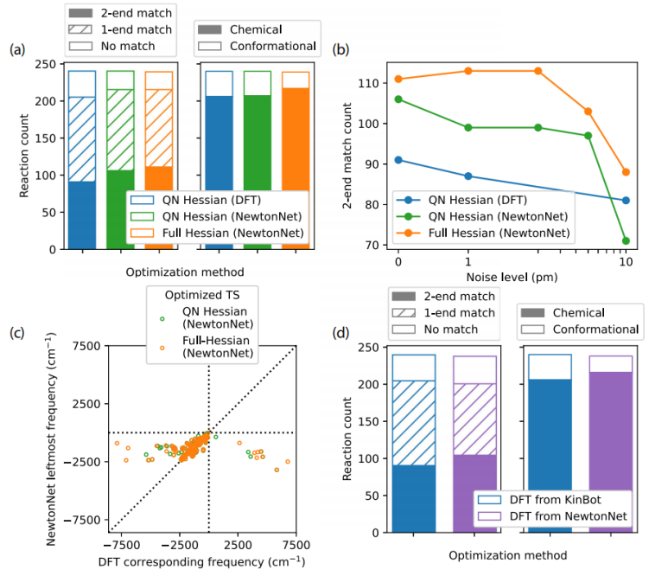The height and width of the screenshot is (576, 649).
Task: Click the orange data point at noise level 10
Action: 626,172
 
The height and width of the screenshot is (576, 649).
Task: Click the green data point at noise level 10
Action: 626,241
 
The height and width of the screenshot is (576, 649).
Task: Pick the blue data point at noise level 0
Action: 398,160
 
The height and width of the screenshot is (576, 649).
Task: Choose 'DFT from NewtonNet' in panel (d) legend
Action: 557,516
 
